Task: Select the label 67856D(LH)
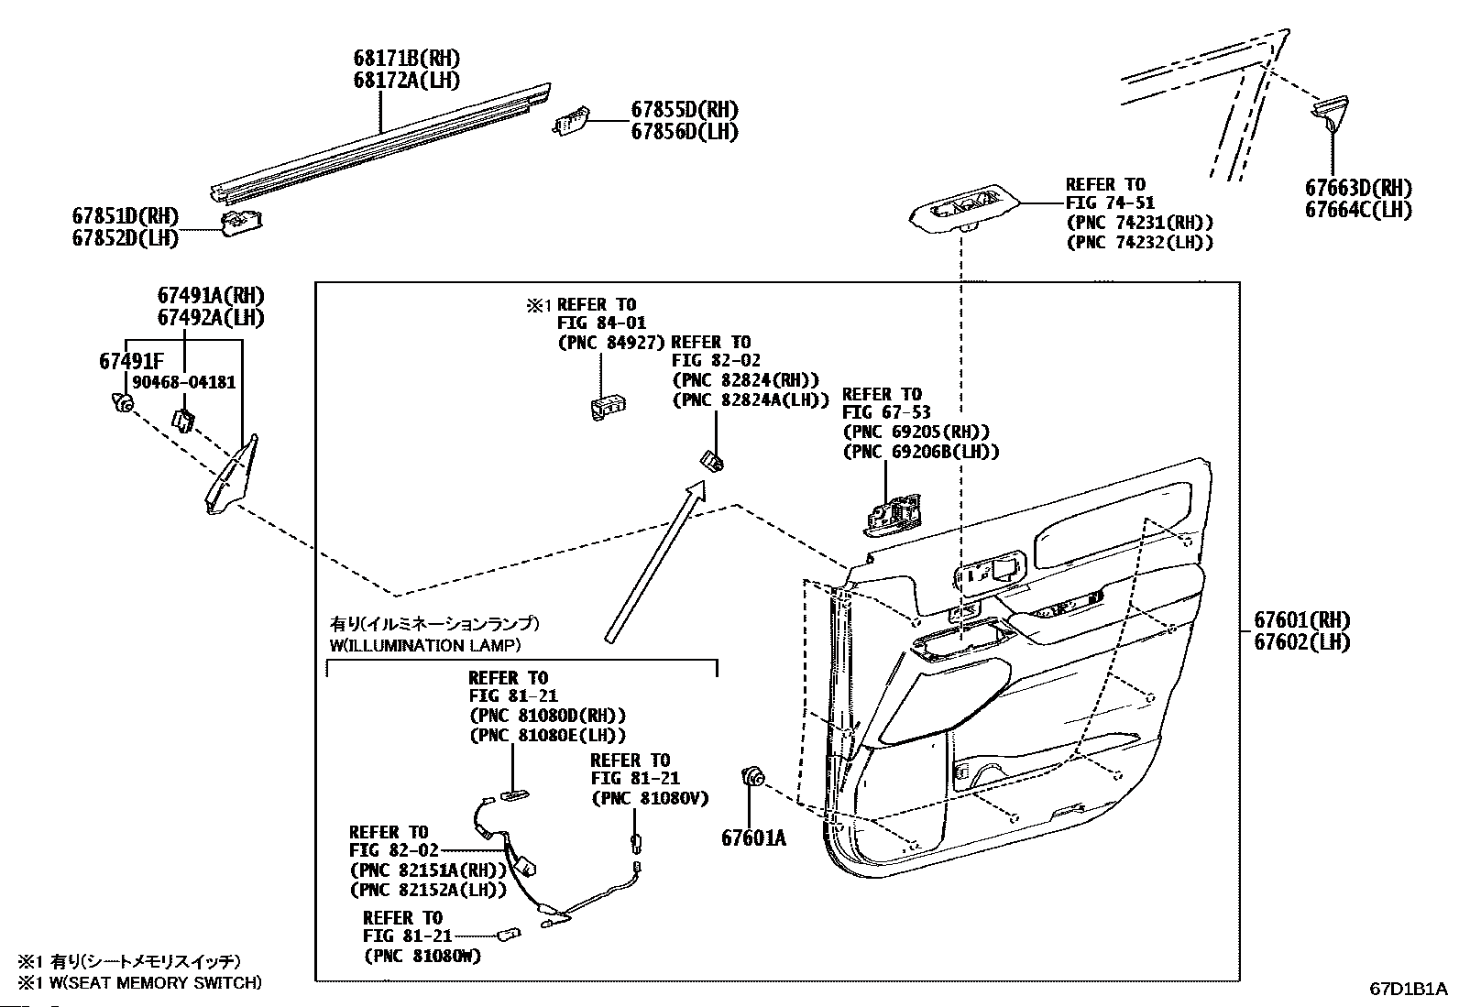tap(684, 131)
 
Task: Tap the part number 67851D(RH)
tap(126, 217)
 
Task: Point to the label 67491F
tap(132, 361)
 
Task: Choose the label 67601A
tap(753, 837)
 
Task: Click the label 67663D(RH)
tap(1358, 188)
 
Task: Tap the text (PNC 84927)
tap(610, 343)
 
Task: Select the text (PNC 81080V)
tap(650, 798)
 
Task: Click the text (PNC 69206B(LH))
tap(920, 451)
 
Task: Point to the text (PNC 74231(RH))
tap(1139, 223)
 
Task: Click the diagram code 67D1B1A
tap(1408, 989)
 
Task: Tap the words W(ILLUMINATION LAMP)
tap(425, 645)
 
